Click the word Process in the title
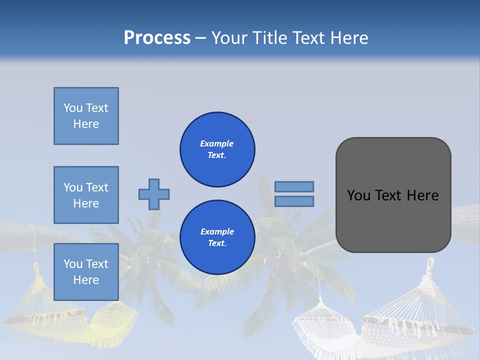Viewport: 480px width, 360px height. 157,38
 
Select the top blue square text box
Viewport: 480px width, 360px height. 86,116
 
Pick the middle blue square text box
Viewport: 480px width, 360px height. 86,195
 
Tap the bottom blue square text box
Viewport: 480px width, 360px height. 86,272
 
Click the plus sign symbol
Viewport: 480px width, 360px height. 154,194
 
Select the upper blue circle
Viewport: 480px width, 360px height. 217,149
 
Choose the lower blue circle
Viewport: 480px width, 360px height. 217,237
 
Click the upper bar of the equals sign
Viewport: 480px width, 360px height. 294,186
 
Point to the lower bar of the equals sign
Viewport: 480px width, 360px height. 294,201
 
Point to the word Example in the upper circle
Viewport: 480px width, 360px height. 217,143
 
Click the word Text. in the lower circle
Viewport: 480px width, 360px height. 217,243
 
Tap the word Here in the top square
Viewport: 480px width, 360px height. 86,124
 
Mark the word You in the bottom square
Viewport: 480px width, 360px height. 73,264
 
